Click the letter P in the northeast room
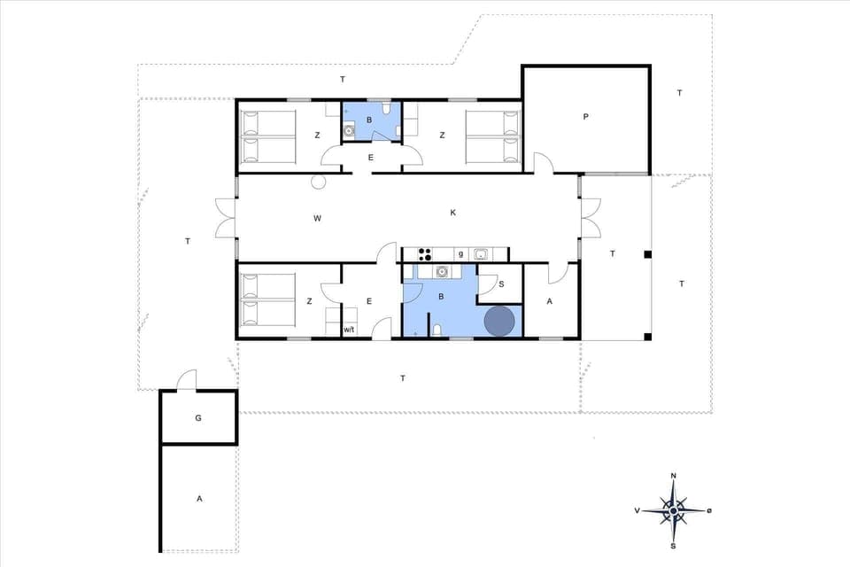(585, 116)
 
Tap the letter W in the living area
(316, 217)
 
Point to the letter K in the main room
(452, 213)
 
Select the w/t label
(349, 330)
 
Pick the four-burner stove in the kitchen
(423, 254)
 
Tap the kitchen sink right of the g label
(480, 254)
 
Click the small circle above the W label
(319, 183)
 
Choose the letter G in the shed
(198, 417)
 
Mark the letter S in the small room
(501, 284)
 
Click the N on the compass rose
(674, 476)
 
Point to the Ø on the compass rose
(709, 510)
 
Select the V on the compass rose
(637, 511)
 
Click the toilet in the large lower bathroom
(437, 330)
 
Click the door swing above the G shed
(186, 380)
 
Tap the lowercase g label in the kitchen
(460, 254)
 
